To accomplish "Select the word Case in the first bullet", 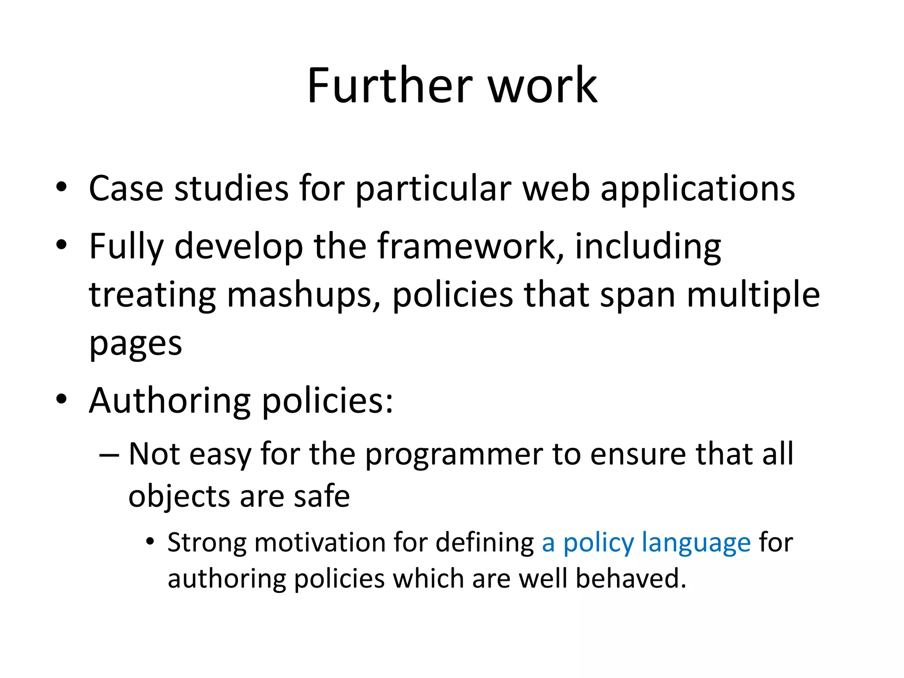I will [126, 188].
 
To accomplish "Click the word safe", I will [322, 497].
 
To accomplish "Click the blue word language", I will [696, 543].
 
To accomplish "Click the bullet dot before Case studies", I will [61, 186].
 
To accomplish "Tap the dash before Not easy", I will [109, 455].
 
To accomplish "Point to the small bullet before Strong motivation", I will [151, 541].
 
